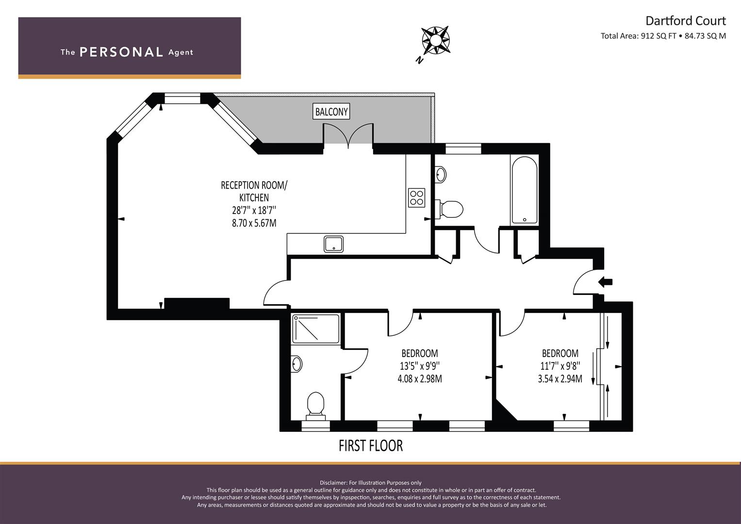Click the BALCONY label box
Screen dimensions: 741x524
click(x=331, y=112)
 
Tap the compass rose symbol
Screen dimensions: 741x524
click(x=435, y=40)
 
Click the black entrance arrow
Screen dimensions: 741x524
click(x=606, y=282)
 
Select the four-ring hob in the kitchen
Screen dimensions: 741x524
click(x=416, y=198)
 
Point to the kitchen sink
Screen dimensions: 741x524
click(x=333, y=244)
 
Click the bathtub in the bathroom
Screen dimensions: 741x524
click(x=524, y=190)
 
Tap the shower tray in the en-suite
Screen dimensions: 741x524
click(x=315, y=328)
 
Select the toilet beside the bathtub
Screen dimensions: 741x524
click(x=449, y=209)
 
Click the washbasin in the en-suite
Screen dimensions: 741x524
click(x=296, y=364)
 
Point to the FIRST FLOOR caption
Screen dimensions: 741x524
click(x=371, y=445)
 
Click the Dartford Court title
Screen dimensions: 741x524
click(x=686, y=21)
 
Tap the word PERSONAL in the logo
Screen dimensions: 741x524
click(x=121, y=52)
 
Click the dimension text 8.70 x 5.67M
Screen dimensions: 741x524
click(x=254, y=223)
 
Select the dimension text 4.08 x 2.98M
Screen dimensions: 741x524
click(x=420, y=378)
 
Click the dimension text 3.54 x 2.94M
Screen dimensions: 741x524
click(x=560, y=378)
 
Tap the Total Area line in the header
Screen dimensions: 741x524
click(x=663, y=36)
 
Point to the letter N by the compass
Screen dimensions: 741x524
click(x=419, y=60)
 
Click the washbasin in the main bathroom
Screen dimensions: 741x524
click(x=441, y=174)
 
